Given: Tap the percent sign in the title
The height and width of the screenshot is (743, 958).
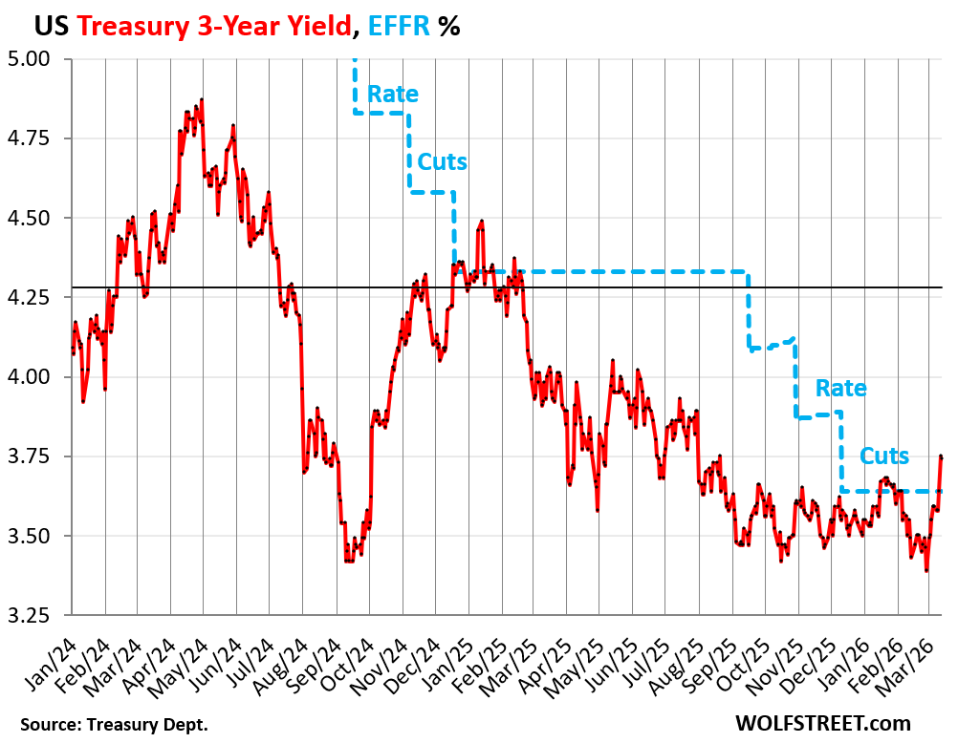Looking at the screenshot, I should pos(449,27).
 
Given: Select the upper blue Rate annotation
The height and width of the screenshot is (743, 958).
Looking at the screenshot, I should pos(393,94).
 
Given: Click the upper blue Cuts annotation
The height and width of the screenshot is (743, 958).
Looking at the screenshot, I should pos(442,161).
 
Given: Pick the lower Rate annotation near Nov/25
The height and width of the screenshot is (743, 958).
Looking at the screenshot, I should pos(840,389).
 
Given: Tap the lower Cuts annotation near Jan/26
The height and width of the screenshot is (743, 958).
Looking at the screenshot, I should pos(884,456).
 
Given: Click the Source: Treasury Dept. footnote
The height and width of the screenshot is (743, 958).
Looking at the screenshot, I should pos(113,724).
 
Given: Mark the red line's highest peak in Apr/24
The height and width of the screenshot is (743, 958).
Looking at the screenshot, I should pos(202,99).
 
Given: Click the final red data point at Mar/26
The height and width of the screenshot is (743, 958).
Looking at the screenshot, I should pos(941,456).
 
